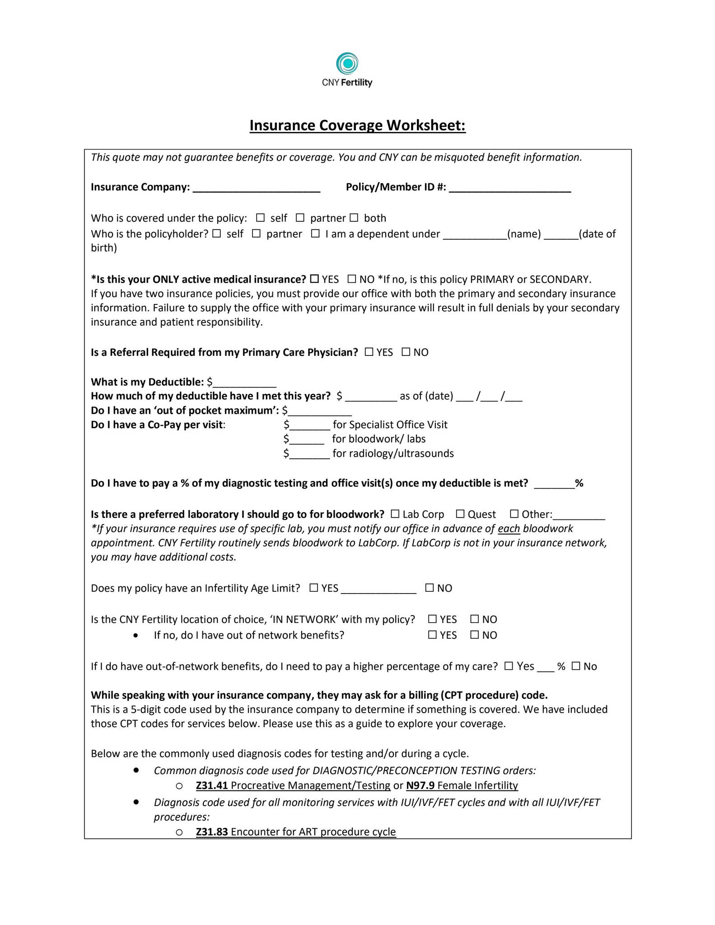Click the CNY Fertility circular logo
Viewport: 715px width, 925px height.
click(347, 64)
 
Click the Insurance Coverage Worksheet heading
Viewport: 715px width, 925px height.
click(357, 125)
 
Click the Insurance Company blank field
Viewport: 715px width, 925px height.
click(256, 188)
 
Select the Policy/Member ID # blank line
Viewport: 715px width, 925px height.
click(509, 188)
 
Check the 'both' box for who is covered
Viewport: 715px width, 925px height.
click(354, 218)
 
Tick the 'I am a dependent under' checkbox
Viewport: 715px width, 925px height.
click(315, 234)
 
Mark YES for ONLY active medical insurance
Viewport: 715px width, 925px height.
click(314, 279)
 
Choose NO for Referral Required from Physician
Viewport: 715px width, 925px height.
click(406, 352)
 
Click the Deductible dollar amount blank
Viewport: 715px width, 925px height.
click(244, 383)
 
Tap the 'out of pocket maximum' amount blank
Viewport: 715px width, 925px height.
click(320, 411)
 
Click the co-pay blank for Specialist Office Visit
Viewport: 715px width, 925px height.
click(310, 425)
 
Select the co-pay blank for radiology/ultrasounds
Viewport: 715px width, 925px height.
click(309, 454)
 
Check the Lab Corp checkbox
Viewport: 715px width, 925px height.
click(395, 514)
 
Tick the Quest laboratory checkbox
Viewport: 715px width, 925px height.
click(460, 514)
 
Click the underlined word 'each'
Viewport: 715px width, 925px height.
click(509, 529)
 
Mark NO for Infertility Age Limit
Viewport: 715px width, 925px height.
click(430, 588)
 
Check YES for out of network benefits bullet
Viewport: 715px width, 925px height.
click(432, 635)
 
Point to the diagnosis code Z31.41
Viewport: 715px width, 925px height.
click(211, 785)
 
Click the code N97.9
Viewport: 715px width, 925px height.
click(420, 785)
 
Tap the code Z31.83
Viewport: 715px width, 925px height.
click(211, 832)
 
